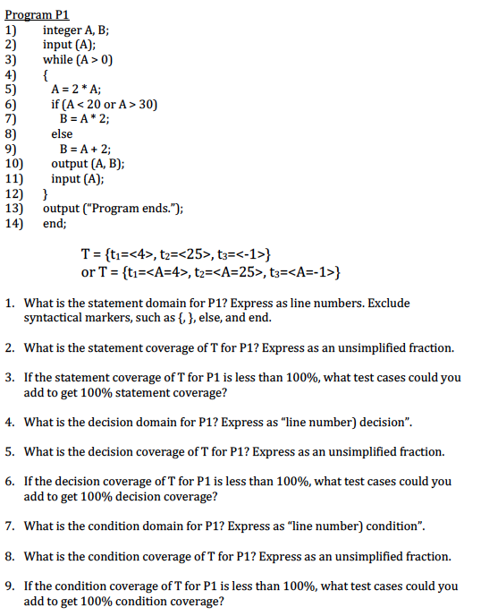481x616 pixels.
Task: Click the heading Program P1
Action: (x=36, y=15)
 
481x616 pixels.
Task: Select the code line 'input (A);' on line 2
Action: (x=71, y=45)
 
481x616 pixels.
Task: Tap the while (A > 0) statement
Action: (x=78, y=59)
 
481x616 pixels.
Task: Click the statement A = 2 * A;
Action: (x=76, y=89)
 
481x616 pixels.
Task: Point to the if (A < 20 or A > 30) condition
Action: (x=104, y=104)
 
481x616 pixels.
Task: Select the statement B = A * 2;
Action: (x=84, y=118)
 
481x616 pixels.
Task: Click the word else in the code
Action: (x=62, y=133)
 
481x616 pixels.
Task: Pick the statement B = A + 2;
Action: (x=85, y=148)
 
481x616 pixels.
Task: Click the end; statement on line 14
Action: (x=55, y=223)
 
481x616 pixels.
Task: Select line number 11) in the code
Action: (x=13, y=178)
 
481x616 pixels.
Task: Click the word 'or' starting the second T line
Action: (x=88, y=271)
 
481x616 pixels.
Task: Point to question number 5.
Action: (x=9, y=451)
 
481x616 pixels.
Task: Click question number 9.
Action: (x=9, y=586)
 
